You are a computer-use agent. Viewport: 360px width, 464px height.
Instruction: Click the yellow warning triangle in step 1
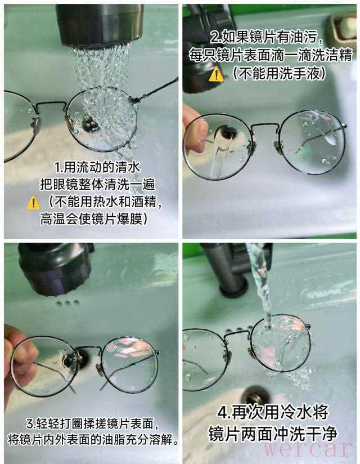pyautogui.click(x=33, y=203)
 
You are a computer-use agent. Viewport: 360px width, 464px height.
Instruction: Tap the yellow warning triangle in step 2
pyautogui.click(x=217, y=74)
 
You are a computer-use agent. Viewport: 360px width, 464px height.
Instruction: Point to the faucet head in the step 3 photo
pyautogui.click(x=55, y=269)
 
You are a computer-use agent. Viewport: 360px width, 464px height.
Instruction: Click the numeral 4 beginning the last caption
pyautogui.click(x=222, y=412)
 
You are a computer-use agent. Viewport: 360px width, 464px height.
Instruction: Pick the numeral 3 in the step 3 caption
pyautogui.click(x=30, y=424)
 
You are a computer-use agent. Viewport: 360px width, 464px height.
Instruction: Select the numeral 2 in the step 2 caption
pyautogui.click(x=214, y=37)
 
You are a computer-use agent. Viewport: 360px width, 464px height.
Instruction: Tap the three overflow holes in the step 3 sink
pyautogui.click(x=67, y=302)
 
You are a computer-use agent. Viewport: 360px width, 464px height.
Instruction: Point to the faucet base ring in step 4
pyautogui.click(x=233, y=289)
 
